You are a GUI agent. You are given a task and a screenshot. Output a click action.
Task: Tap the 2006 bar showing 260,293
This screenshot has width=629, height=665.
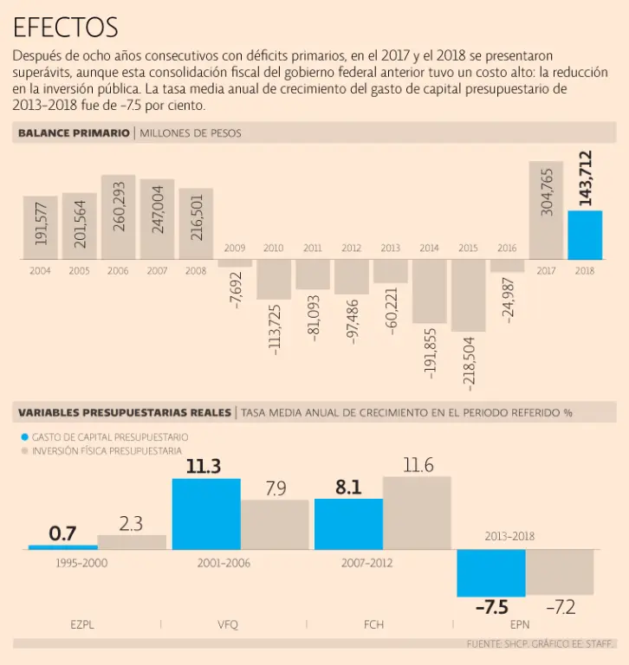point(118,217)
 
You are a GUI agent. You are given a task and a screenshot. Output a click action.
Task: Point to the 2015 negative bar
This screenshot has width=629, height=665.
point(468,294)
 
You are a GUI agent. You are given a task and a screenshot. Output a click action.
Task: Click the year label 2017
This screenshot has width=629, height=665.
point(546,271)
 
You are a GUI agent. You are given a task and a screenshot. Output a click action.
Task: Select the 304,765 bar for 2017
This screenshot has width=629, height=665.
point(546,210)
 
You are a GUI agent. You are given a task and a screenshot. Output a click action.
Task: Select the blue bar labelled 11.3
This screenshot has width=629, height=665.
point(206,513)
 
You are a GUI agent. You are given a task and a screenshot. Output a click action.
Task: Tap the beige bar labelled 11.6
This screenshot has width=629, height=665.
point(418,513)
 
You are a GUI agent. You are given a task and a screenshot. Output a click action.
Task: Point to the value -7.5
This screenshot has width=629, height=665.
point(491,607)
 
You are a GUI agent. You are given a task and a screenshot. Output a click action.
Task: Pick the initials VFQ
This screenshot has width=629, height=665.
point(228,623)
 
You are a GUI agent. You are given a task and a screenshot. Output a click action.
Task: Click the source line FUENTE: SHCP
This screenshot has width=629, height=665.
point(541,644)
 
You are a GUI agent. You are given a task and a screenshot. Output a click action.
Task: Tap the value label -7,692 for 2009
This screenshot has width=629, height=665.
point(235,284)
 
